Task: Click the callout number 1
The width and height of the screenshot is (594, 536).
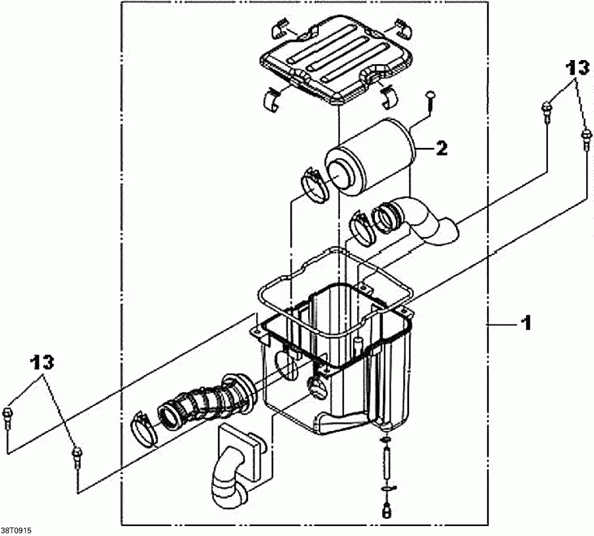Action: click(526, 323)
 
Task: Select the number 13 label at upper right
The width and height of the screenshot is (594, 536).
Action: click(576, 67)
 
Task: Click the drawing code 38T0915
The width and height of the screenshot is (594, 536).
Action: click(16, 530)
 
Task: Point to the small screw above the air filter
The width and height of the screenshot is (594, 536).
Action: click(430, 99)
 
